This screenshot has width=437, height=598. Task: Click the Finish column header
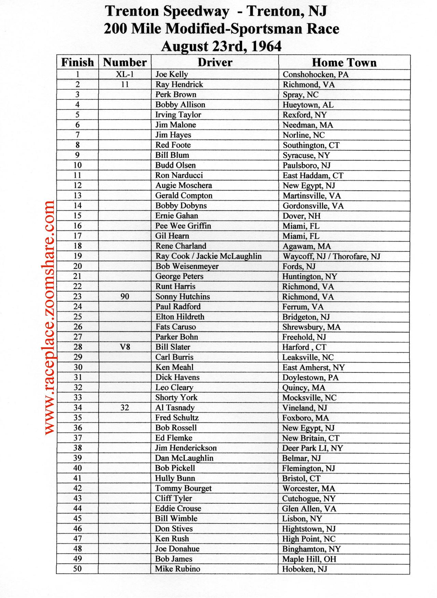77,63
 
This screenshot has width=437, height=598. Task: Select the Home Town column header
344,63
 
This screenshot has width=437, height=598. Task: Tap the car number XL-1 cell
125,74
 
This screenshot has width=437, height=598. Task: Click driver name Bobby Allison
180,105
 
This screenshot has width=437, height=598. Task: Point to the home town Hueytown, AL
308,105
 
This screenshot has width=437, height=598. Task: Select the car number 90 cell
125,296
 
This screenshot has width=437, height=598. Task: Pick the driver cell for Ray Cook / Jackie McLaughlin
208,256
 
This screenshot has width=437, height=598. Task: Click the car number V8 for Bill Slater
125,347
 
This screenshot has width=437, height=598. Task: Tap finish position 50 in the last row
77,569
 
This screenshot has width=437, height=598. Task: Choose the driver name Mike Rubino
178,569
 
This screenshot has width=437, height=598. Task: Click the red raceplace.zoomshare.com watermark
49,318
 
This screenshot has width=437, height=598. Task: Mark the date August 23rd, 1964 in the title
221,46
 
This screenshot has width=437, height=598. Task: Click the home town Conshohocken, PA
315,74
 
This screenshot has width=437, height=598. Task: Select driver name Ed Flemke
174,438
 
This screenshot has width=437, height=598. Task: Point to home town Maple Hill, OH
309,559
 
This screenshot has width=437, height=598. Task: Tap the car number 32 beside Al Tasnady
125,407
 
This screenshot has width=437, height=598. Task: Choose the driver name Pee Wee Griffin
183,226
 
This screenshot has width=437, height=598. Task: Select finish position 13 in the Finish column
77,195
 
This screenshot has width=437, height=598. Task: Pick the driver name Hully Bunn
175,478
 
